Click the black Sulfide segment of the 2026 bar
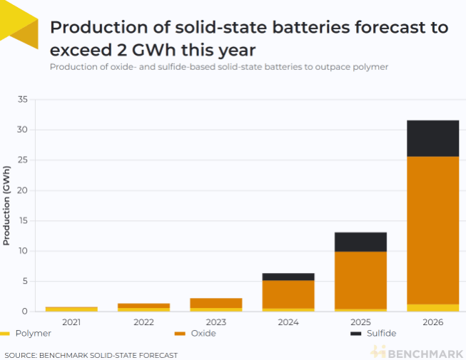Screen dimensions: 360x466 tap(432, 138)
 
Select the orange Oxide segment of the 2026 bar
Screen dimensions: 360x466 tap(432, 230)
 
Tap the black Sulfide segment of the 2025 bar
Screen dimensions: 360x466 tap(360, 242)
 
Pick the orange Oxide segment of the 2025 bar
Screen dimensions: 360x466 tap(360, 279)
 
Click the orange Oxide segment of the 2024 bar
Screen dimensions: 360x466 tap(288, 294)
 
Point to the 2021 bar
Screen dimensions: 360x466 tap(71, 309)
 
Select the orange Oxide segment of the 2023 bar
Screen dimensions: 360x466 tap(216, 303)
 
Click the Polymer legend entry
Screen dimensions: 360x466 tap(26, 333)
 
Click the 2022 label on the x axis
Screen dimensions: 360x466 tap(143, 322)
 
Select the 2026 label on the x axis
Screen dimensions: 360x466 tap(432, 322)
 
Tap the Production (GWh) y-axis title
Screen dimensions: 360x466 tap(7, 205)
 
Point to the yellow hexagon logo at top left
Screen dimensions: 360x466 tap(19, 25)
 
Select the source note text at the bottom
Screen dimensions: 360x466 tap(91, 354)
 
